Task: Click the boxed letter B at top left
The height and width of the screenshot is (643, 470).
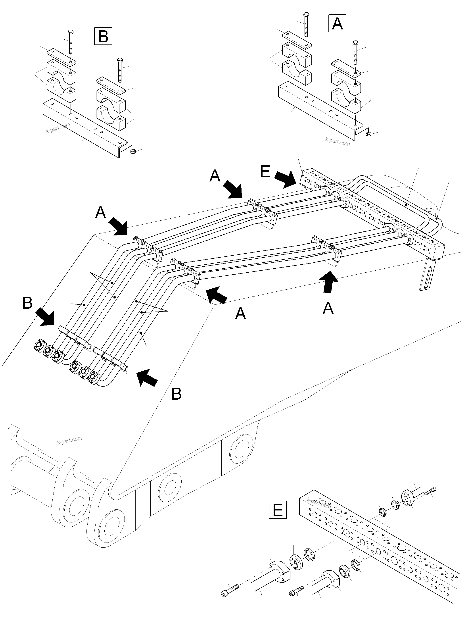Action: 103,36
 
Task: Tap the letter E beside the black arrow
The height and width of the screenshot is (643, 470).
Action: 265,172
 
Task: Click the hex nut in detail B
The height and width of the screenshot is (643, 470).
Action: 132,151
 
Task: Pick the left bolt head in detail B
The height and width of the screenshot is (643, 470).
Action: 70,32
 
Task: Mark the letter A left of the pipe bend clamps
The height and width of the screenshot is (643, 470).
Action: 100,213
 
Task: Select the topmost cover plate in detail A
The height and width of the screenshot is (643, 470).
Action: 297,40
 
